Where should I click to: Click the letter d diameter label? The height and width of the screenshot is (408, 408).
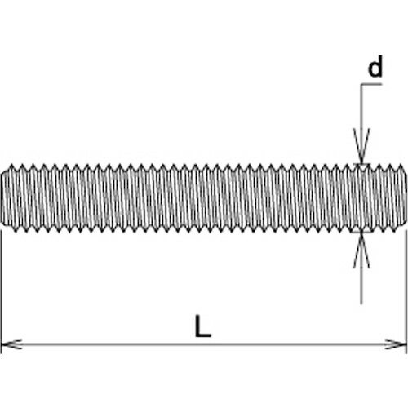(375, 70)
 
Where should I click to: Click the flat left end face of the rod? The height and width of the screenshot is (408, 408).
(2, 197)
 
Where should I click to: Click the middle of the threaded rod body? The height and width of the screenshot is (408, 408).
(204, 197)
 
